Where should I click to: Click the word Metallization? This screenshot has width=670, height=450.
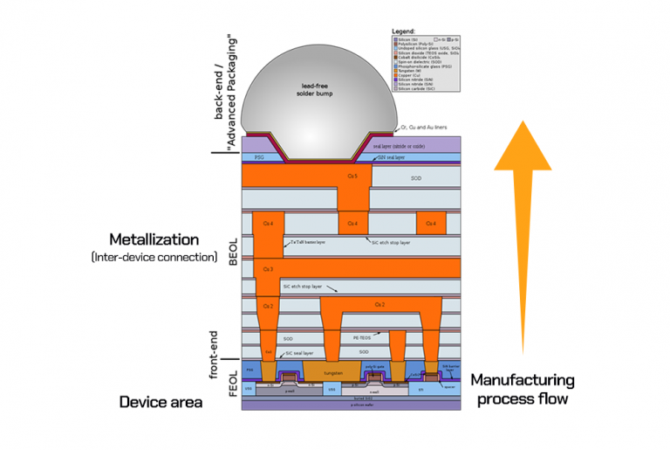tap(154, 239)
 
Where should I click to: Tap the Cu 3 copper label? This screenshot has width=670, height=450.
tap(268, 269)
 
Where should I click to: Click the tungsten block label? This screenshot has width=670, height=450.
tap(332, 372)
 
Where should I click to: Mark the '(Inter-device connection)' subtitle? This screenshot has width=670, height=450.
tap(154, 257)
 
